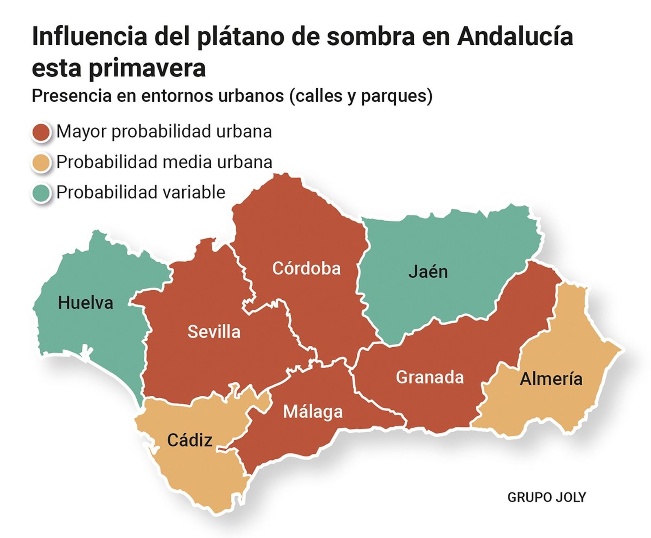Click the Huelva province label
[x=85, y=303]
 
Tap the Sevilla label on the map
[x=214, y=332]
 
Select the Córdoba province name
[x=306, y=268]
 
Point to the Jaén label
[x=428, y=272]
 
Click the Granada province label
[x=430, y=377]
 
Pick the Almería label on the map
[x=551, y=379]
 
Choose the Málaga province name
[x=313, y=412]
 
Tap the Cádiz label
[x=190, y=440]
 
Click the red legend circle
[x=41, y=132]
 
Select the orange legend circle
[x=41, y=162]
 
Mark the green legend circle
[x=41, y=193]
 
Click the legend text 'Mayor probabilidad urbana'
[x=164, y=131]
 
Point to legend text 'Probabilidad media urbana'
[x=164, y=162]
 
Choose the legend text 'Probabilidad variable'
[x=141, y=192]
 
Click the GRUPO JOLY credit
[x=546, y=497]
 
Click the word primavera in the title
[x=147, y=68]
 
